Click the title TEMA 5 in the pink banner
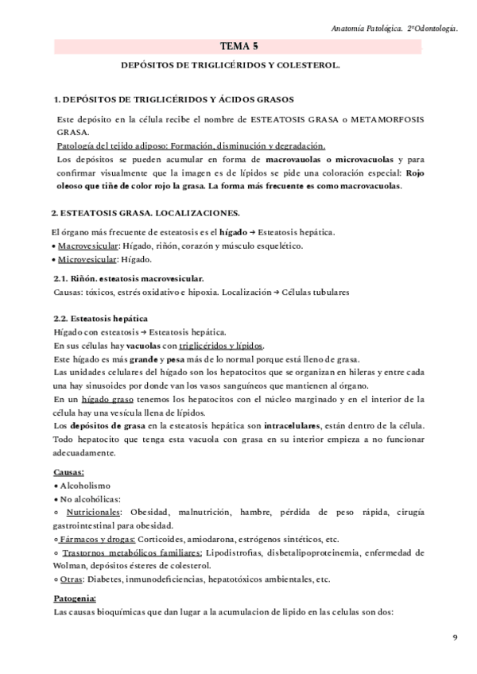(x=238, y=48)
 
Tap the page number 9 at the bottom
(x=455, y=637)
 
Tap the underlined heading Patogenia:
(x=74, y=598)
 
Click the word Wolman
(x=68, y=566)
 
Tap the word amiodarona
(x=209, y=539)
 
